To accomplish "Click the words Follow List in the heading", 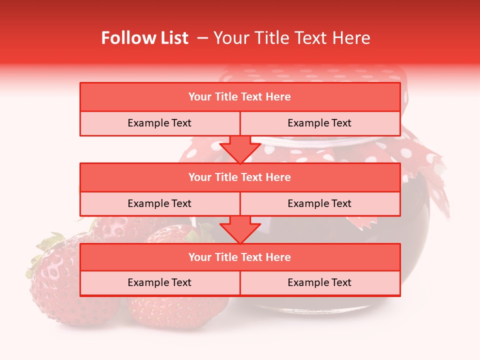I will pos(145,38).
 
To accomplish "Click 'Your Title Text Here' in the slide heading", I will pos(291,38).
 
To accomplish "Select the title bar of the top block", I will pos(240,97).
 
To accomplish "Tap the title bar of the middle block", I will pos(240,177).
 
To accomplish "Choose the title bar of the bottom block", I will pos(240,257).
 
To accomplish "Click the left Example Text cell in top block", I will pos(159,123).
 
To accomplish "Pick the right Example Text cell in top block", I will pos(319,123).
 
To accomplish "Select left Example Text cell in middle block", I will pos(159,203).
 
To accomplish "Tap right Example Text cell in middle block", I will pos(319,203).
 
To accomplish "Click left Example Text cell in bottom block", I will pos(159,282).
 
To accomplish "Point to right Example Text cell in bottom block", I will pos(319,282).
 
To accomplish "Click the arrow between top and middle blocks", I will pos(240,150).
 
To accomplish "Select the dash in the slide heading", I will pos(202,38).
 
